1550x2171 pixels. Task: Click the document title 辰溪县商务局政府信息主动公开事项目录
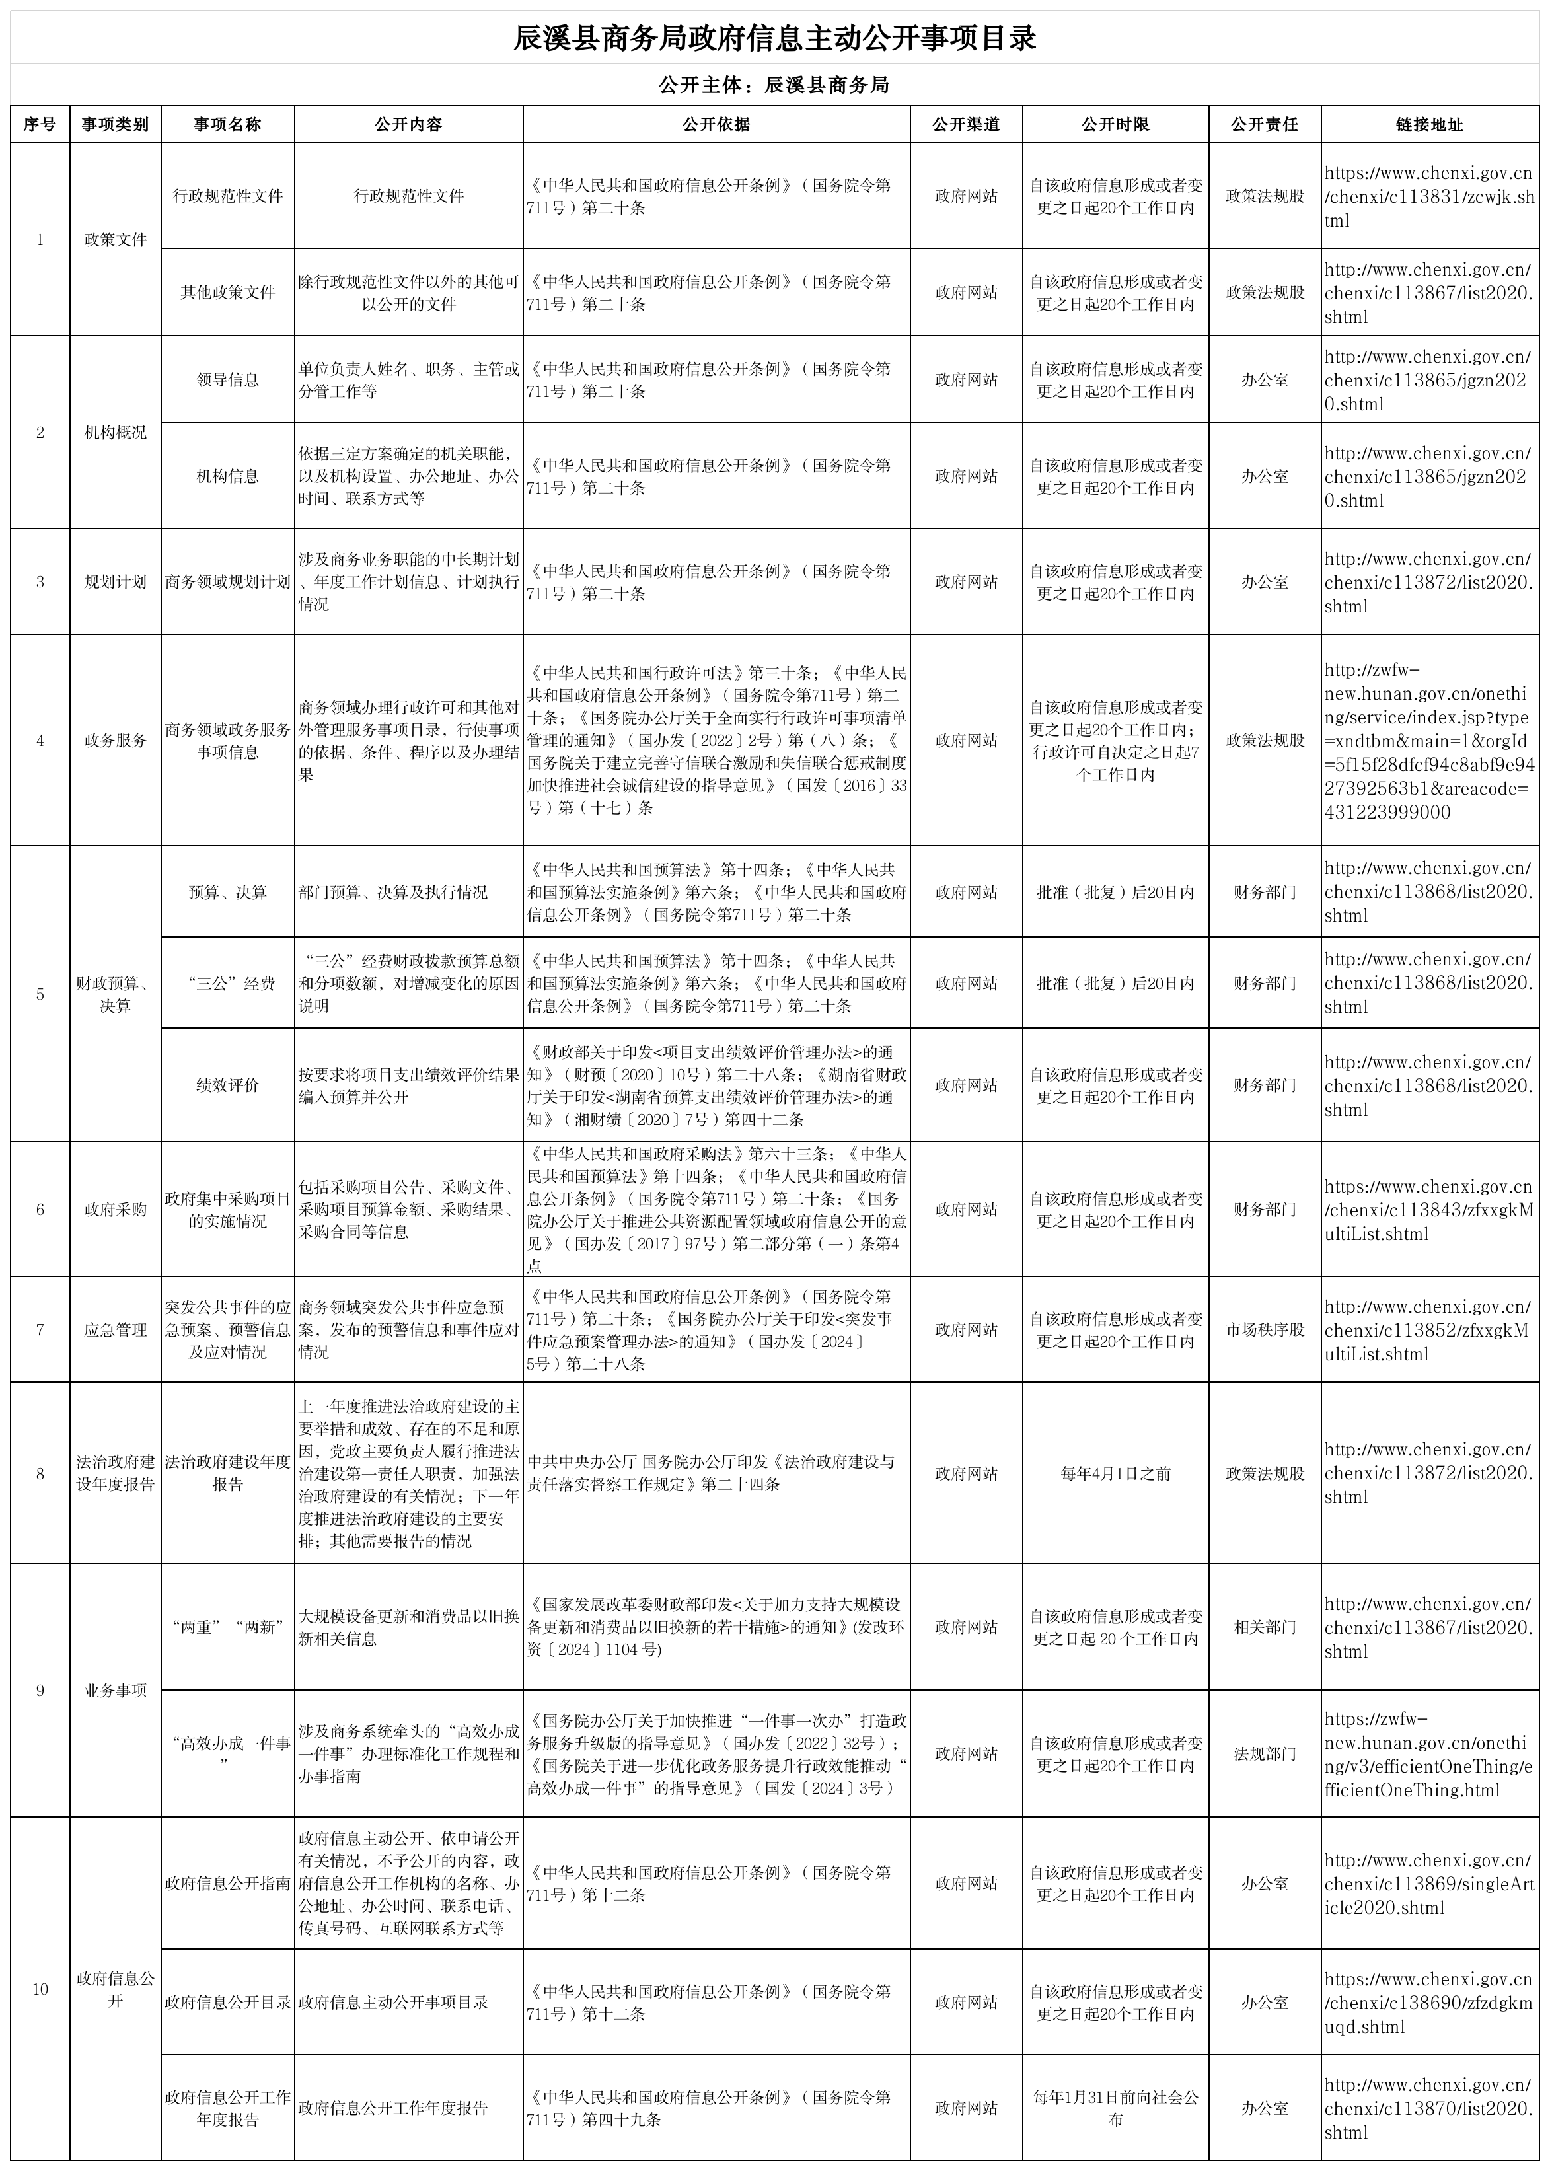(x=774, y=39)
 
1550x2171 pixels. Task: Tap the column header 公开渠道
(x=966, y=124)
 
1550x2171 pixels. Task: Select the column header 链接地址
(x=1429, y=124)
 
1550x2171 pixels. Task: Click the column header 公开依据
(x=716, y=124)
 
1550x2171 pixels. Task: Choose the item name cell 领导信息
(x=227, y=380)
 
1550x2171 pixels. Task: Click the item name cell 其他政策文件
(x=227, y=293)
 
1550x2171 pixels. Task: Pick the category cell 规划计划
(x=116, y=582)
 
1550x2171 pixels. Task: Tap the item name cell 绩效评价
(x=227, y=1085)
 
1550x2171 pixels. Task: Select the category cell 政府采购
(x=116, y=1209)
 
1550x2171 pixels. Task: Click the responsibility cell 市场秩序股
(x=1265, y=1329)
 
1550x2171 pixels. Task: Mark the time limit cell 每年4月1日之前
(x=1115, y=1473)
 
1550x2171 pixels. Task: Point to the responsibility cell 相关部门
(x=1265, y=1627)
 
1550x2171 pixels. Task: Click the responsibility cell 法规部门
(x=1265, y=1754)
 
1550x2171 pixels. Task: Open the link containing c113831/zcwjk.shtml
(x=1428, y=197)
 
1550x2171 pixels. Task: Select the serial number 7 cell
(x=40, y=1329)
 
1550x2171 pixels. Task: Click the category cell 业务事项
(x=116, y=1690)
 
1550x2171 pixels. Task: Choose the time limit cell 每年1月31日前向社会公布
(x=1115, y=2108)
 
